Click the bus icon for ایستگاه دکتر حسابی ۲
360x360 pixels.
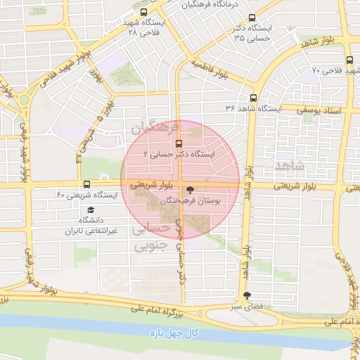[179, 143]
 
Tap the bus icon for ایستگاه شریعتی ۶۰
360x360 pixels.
[86, 184]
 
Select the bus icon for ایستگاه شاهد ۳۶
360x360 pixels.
[253, 99]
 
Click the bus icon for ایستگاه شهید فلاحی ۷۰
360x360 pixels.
[350, 60]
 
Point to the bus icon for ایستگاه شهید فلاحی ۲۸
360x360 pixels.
[144, 12]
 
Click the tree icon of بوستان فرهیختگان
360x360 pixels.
[188, 190]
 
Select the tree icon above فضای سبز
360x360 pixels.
[246, 296]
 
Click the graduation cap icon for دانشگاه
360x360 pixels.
[90, 210]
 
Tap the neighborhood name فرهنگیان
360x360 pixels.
[150, 128]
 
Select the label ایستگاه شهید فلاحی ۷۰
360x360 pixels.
[330, 71]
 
